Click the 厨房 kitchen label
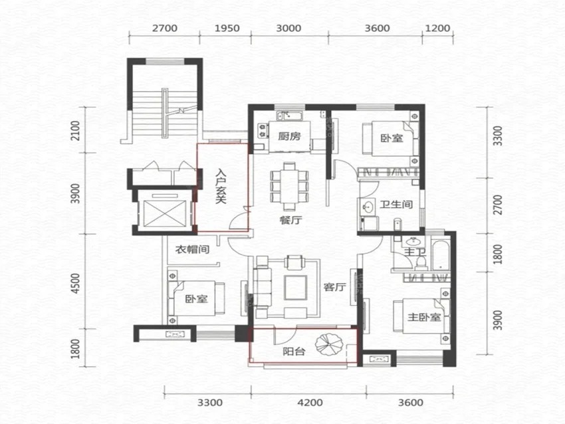pos(289,136)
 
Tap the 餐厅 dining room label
pos(290,220)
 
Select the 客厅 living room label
pos(334,287)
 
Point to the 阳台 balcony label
pos(294,352)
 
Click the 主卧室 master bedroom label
pos(425,317)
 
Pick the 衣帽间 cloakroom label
pos(192,249)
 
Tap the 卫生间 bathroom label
pos(396,205)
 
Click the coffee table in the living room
pos(296,288)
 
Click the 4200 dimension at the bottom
pos(310,402)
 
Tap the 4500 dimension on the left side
pos(75,283)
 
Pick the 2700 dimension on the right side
pos(498,204)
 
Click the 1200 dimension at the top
pos(438,28)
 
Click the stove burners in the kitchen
pos(263,131)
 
